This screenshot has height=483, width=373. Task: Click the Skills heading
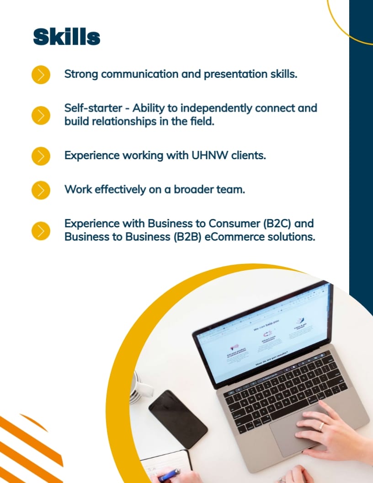click(67, 37)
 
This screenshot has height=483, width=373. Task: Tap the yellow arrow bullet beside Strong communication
click(41, 75)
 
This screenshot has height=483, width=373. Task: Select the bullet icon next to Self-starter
click(41, 115)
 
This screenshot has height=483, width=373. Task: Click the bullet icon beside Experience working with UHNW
click(41, 156)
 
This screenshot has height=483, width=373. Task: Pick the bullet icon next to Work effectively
click(41, 190)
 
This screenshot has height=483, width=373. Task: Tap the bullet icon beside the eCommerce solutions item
click(41, 231)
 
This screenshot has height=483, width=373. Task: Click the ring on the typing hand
click(321, 425)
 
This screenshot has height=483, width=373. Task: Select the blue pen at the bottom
click(169, 475)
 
